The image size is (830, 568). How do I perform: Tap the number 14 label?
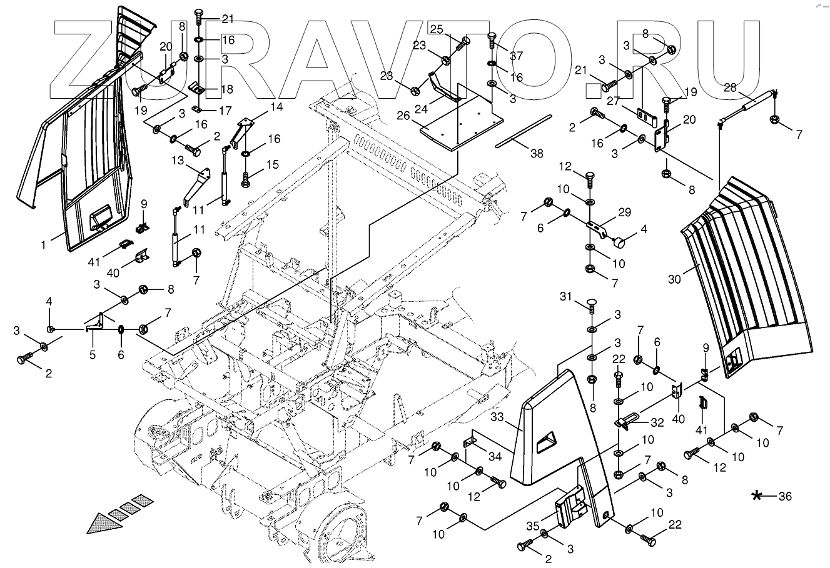click(276, 107)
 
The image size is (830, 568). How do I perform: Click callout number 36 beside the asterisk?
click(785, 497)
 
